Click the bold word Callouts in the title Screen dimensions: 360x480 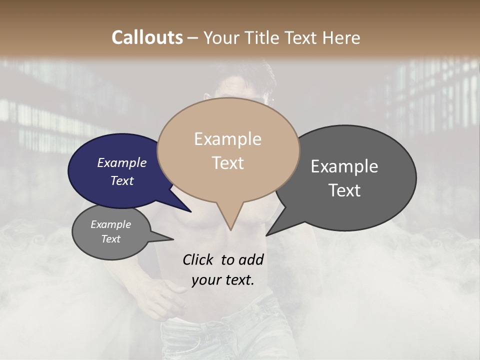[147, 37]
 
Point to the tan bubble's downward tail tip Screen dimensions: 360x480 [230, 229]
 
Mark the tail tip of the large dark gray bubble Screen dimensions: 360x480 [266, 235]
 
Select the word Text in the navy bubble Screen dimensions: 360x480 [122, 180]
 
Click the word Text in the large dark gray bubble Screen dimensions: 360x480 [344, 190]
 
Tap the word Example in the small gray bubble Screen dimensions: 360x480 [110, 224]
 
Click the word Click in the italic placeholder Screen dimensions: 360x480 [198, 259]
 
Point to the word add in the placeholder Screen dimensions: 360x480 [250, 259]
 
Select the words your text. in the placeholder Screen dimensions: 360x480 [222, 279]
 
